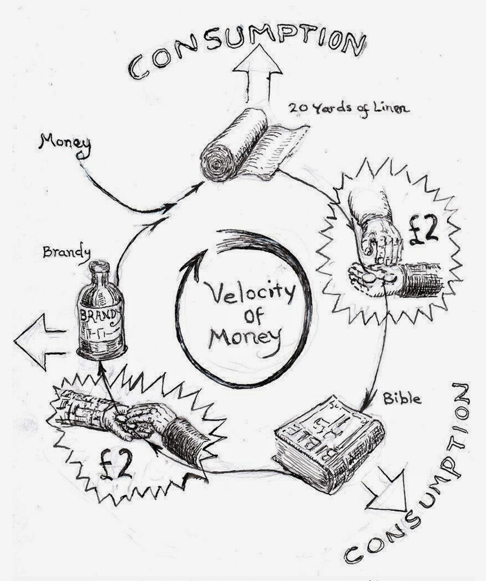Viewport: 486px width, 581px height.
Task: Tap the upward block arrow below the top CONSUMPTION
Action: point(258,78)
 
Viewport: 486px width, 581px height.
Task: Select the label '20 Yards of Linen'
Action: point(349,108)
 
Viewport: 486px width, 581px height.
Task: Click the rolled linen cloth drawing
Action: point(236,145)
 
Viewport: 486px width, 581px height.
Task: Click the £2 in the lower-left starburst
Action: point(117,465)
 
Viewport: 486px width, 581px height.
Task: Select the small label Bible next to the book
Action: point(401,399)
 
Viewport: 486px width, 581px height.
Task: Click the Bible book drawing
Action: point(329,447)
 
